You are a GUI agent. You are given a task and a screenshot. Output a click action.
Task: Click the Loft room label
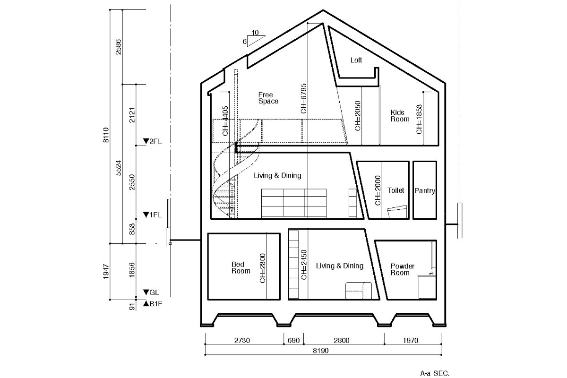356,60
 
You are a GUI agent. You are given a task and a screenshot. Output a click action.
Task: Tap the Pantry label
425,190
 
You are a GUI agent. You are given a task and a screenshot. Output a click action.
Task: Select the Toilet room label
395,190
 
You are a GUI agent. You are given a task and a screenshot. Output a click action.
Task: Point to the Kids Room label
400,116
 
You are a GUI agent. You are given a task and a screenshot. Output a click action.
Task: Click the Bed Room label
241,267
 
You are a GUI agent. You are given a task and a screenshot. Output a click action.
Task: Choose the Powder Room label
403,269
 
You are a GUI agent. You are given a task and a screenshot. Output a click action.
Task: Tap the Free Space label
268,98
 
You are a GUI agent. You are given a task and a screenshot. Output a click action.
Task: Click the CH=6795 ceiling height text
303,98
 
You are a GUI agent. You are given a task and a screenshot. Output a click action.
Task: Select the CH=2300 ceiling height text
263,268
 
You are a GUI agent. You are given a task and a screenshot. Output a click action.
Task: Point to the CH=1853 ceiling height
419,119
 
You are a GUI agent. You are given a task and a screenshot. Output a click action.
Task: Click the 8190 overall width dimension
321,351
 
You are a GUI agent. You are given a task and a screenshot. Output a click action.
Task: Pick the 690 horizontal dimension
293,341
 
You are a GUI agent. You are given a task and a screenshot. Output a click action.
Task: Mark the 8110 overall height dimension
106,135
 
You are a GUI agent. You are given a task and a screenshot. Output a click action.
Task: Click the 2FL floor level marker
152,141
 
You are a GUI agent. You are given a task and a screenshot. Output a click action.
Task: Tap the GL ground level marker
151,292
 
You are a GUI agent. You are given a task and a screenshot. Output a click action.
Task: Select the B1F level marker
152,303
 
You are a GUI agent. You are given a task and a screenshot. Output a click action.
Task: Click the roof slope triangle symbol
256,41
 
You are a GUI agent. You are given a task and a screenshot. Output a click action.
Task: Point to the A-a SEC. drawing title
435,373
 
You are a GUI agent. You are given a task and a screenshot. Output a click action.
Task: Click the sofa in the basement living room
359,291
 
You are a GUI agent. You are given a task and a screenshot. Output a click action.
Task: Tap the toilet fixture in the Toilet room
397,212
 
